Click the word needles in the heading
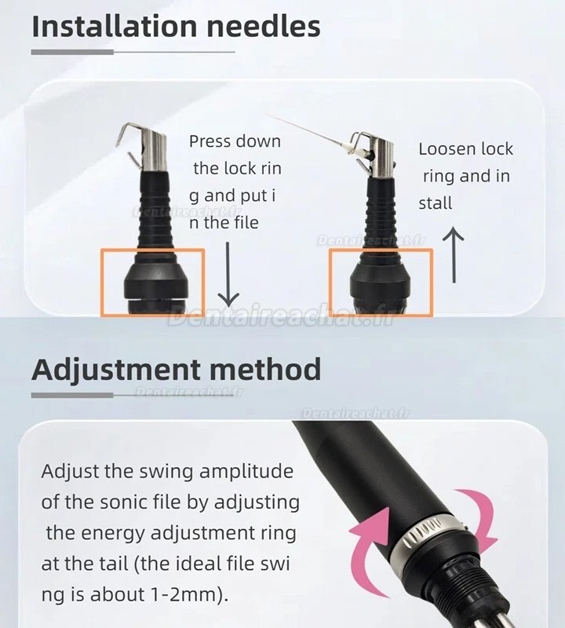(268, 26)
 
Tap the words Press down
(235, 141)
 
